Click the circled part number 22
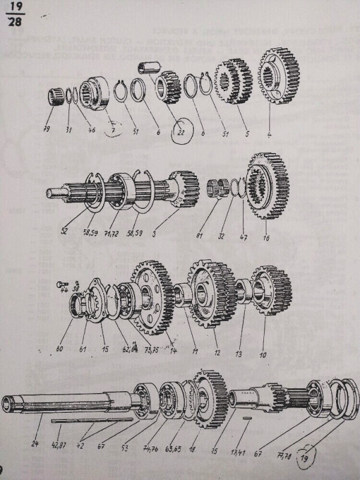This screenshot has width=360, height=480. click(x=178, y=132)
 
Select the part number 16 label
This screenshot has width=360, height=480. click(x=266, y=238)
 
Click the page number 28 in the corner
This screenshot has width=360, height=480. click(x=13, y=25)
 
